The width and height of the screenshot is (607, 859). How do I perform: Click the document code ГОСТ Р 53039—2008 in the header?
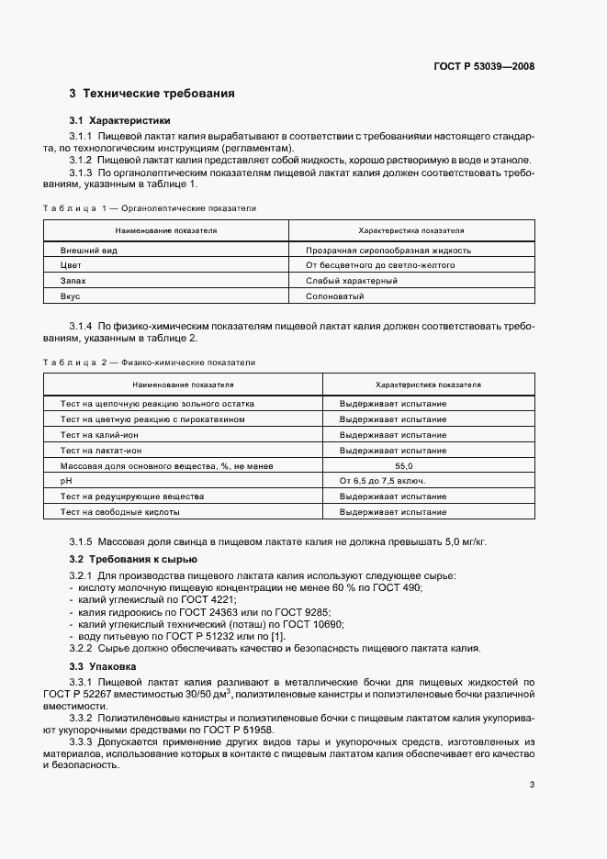[x=484, y=66]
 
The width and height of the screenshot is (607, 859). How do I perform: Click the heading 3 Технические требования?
[x=152, y=94]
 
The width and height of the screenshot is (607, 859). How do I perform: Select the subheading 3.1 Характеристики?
[x=120, y=121]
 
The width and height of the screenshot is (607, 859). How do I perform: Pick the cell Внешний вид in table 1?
[x=89, y=250]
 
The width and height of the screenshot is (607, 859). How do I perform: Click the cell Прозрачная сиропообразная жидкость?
[x=388, y=250]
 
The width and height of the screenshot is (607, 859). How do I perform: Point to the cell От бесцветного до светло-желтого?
[x=380, y=265]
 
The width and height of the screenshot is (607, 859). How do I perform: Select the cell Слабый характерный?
[x=352, y=281]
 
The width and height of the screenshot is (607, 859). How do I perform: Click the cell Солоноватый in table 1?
[x=335, y=296]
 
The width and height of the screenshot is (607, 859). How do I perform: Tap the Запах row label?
[x=73, y=281]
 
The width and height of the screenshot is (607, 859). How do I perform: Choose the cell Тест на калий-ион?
[x=100, y=435]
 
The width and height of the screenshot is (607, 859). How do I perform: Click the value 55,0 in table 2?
[x=392, y=466]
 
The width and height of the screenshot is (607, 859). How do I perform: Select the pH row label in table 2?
[x=66, y=481]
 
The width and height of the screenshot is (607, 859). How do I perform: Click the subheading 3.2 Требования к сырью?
[x=133, y=559]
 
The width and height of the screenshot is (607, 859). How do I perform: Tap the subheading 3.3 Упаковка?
[x=104, y=665]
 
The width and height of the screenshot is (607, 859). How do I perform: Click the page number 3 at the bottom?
[x=532, y=785]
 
